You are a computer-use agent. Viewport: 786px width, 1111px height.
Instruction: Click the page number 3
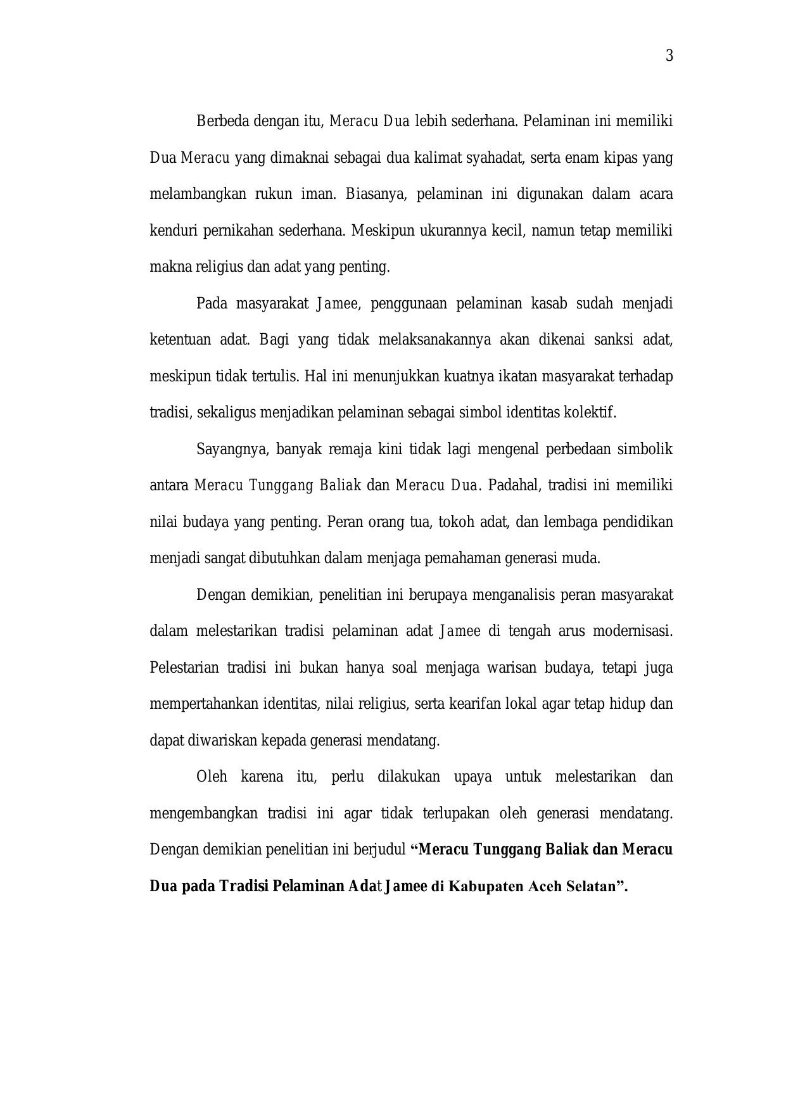click(x=669, y=56)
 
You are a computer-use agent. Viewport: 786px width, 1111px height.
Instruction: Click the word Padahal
click(x=512, y=486)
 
